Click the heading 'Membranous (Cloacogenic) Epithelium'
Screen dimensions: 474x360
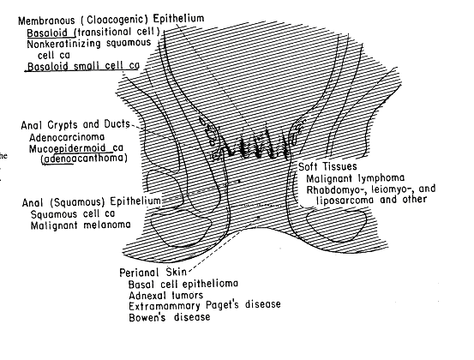click(x=111, y=20)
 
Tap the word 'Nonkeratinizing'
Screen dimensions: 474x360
click(x=63, y=44)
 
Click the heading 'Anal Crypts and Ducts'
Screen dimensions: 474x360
click(x=75, y=124)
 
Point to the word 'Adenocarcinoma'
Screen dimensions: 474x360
click(x=67, y=137)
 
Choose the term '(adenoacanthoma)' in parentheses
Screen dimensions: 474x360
click(x=84, y=159)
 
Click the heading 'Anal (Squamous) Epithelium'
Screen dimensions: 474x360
click(x=92, y=201)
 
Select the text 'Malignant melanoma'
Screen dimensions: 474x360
click(x=81, y=225)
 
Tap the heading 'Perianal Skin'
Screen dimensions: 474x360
click(x=153, y=273)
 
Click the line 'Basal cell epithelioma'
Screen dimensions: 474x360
click(x=183, y=284)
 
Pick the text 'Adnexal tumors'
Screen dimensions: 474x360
click(x=165, y=295)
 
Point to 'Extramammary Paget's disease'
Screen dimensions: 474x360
click(x=205, y=305)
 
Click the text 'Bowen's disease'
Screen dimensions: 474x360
click(x=170, y=317)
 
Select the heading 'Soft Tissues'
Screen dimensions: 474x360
click(x=327, y=166)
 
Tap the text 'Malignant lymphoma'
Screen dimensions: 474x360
click(x=355, y=178)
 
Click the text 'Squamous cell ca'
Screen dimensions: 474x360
click(x=73, y=214)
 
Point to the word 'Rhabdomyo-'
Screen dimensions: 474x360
click(x=330, y=189)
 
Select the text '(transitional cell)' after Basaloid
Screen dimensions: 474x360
click(x=117, y=32)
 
